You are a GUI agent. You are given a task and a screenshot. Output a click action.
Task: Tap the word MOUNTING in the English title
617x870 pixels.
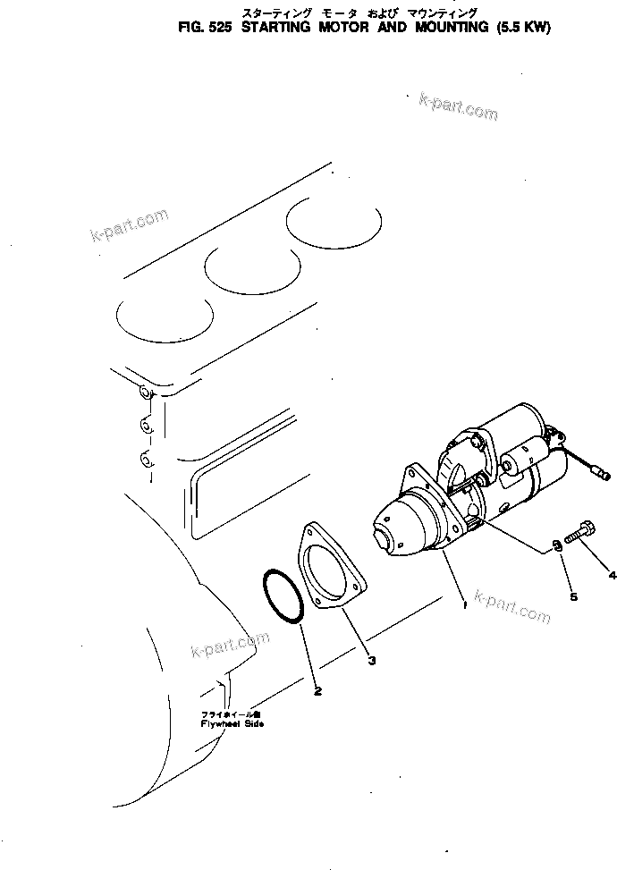(x=435, y=27)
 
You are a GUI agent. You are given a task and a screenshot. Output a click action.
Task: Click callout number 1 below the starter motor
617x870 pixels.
(x=463, y=605)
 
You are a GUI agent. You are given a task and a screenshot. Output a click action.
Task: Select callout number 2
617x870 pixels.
(x=317, y=690)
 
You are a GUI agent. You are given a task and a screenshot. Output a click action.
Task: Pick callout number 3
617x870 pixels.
(x=372, y=661)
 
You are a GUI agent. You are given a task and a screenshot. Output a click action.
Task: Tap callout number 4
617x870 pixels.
(x=612, y=573)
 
